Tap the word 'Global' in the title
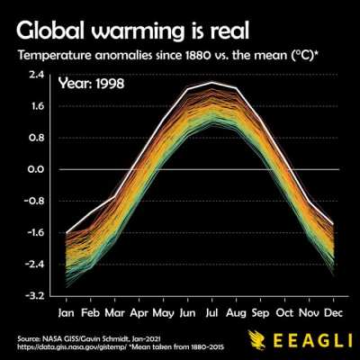click(x=49, y=31)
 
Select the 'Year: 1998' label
click(x=91, y=84)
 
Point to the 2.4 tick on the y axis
click(x=37, y=75)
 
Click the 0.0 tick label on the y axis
click(x=36, y=169)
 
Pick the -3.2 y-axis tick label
click(x=34, y=296)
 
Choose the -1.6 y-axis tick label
click(x=34, y=232)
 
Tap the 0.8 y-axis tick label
click(x=36, y=138)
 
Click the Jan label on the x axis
click(x=66, y=313)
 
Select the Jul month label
click(x=211, y=313)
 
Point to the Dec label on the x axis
click(x=333, y=313)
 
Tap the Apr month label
click(x=139, y=313)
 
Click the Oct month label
click(x=284, y=313)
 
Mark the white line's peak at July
click(x=211, y=82)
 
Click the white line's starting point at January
click(x=67, y=232)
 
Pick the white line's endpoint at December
click(x=333, y=224)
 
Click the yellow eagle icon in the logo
click(x=257, y=339)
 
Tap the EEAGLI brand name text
click(x=312, y=340)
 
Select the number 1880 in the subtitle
click(x=196, y=56)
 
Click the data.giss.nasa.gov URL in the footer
click(x=73, y=347)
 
